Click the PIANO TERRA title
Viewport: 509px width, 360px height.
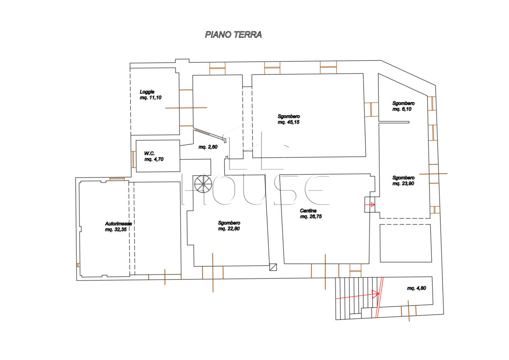(x=233, y=34)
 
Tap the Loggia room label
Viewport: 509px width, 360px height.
(x=147, y=92)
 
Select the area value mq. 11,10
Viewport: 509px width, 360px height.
(x=151, y=98)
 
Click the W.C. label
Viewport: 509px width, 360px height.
(x=149, y=154)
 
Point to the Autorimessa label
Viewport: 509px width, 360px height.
(x=118, y=224)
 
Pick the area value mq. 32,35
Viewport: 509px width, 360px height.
(x=116, y=230)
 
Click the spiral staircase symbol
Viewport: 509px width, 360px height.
(x=203, y=184)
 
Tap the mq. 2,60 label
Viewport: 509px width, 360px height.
(x=208, y=147)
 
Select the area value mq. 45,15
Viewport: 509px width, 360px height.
(x=288, y=122)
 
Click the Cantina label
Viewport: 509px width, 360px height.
(x=308, y=211)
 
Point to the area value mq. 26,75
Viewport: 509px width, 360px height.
(x=311, y=217)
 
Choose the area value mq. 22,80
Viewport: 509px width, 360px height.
(x=229, y=228)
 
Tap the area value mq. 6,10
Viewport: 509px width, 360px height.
(x=402, y=109)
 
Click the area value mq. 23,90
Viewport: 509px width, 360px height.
(x=403, y=183)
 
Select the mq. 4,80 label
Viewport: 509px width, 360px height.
(x=417, y=288)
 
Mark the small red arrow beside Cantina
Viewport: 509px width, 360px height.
(x=370, y=205)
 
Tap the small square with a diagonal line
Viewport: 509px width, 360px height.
(x=273, y=267)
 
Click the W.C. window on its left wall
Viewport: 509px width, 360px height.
(x=134, y=160)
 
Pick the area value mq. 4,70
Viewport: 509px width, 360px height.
(x=154, y=159)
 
